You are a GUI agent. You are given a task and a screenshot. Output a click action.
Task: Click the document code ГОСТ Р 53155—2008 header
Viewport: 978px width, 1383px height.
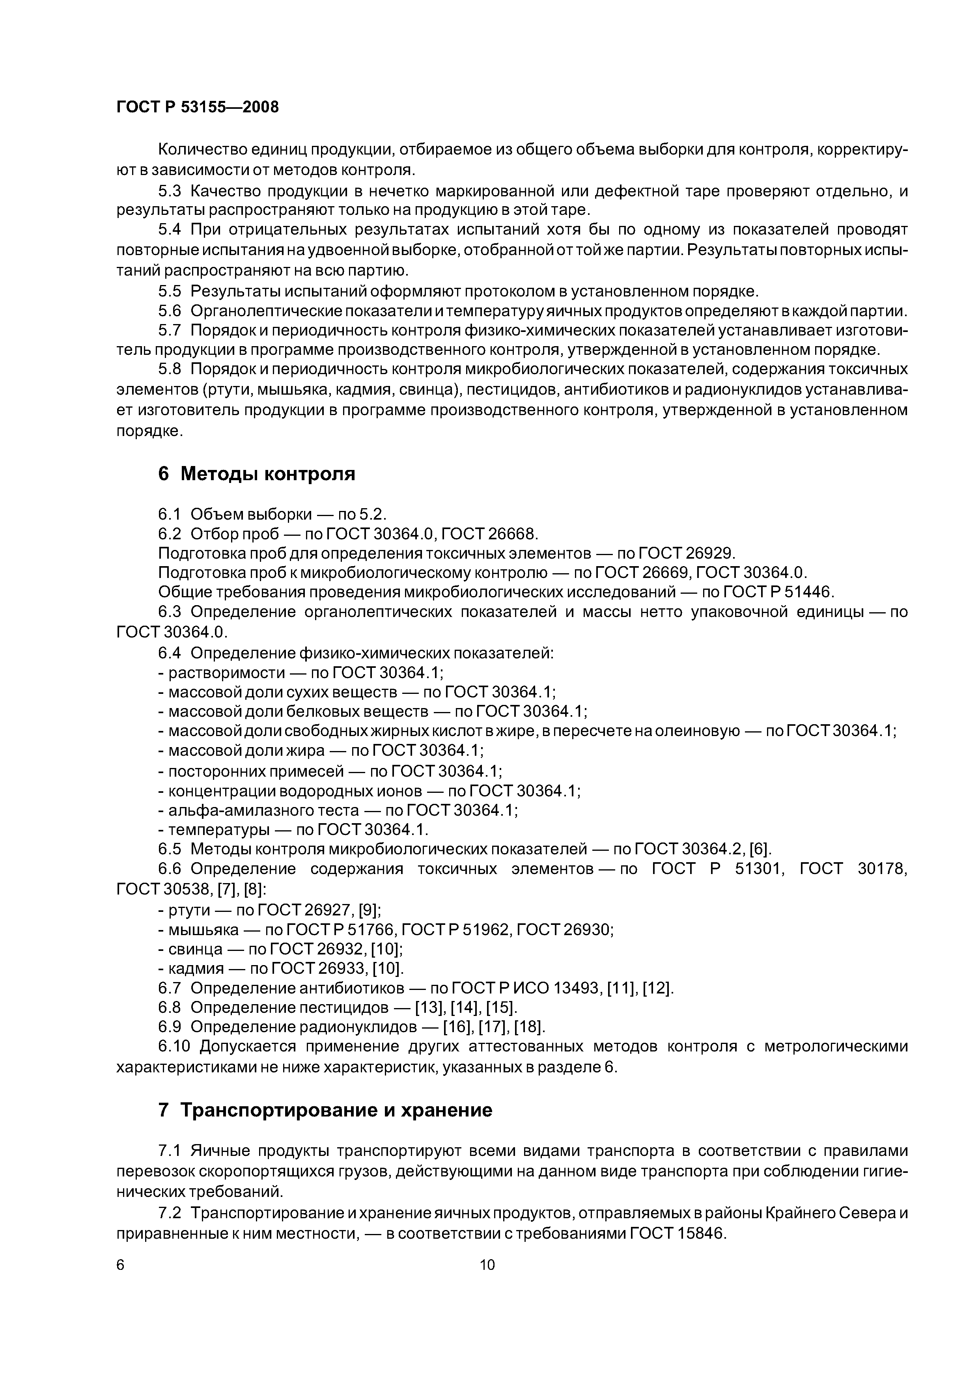(x=197, y=107)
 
